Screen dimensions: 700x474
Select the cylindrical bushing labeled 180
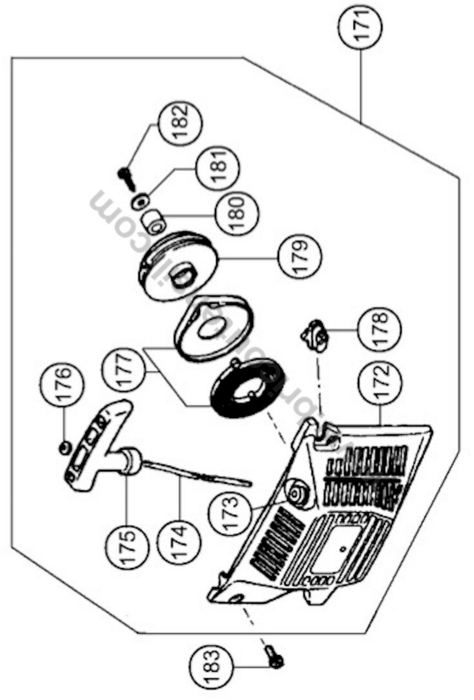(x=154, y=222)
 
